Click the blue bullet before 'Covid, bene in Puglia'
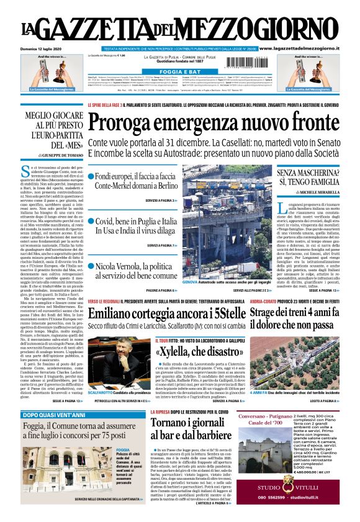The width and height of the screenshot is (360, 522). tap(91, 222)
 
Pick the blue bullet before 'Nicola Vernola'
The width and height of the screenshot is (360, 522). tap(91, 266)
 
